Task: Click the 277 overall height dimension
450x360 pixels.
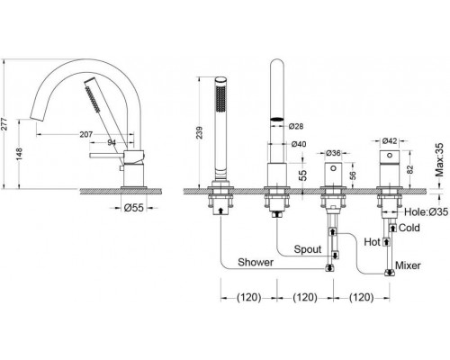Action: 4,124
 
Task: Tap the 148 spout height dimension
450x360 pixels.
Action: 19,154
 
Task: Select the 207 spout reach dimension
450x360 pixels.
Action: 86,134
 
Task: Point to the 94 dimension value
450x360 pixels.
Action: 112,142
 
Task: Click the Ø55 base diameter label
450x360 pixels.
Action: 134,208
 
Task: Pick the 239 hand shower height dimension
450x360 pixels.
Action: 199,133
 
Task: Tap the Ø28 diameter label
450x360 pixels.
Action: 296,126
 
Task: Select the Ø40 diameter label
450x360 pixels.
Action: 299,144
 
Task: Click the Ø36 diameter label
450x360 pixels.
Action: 333,153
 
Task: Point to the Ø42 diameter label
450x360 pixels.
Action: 390,140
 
